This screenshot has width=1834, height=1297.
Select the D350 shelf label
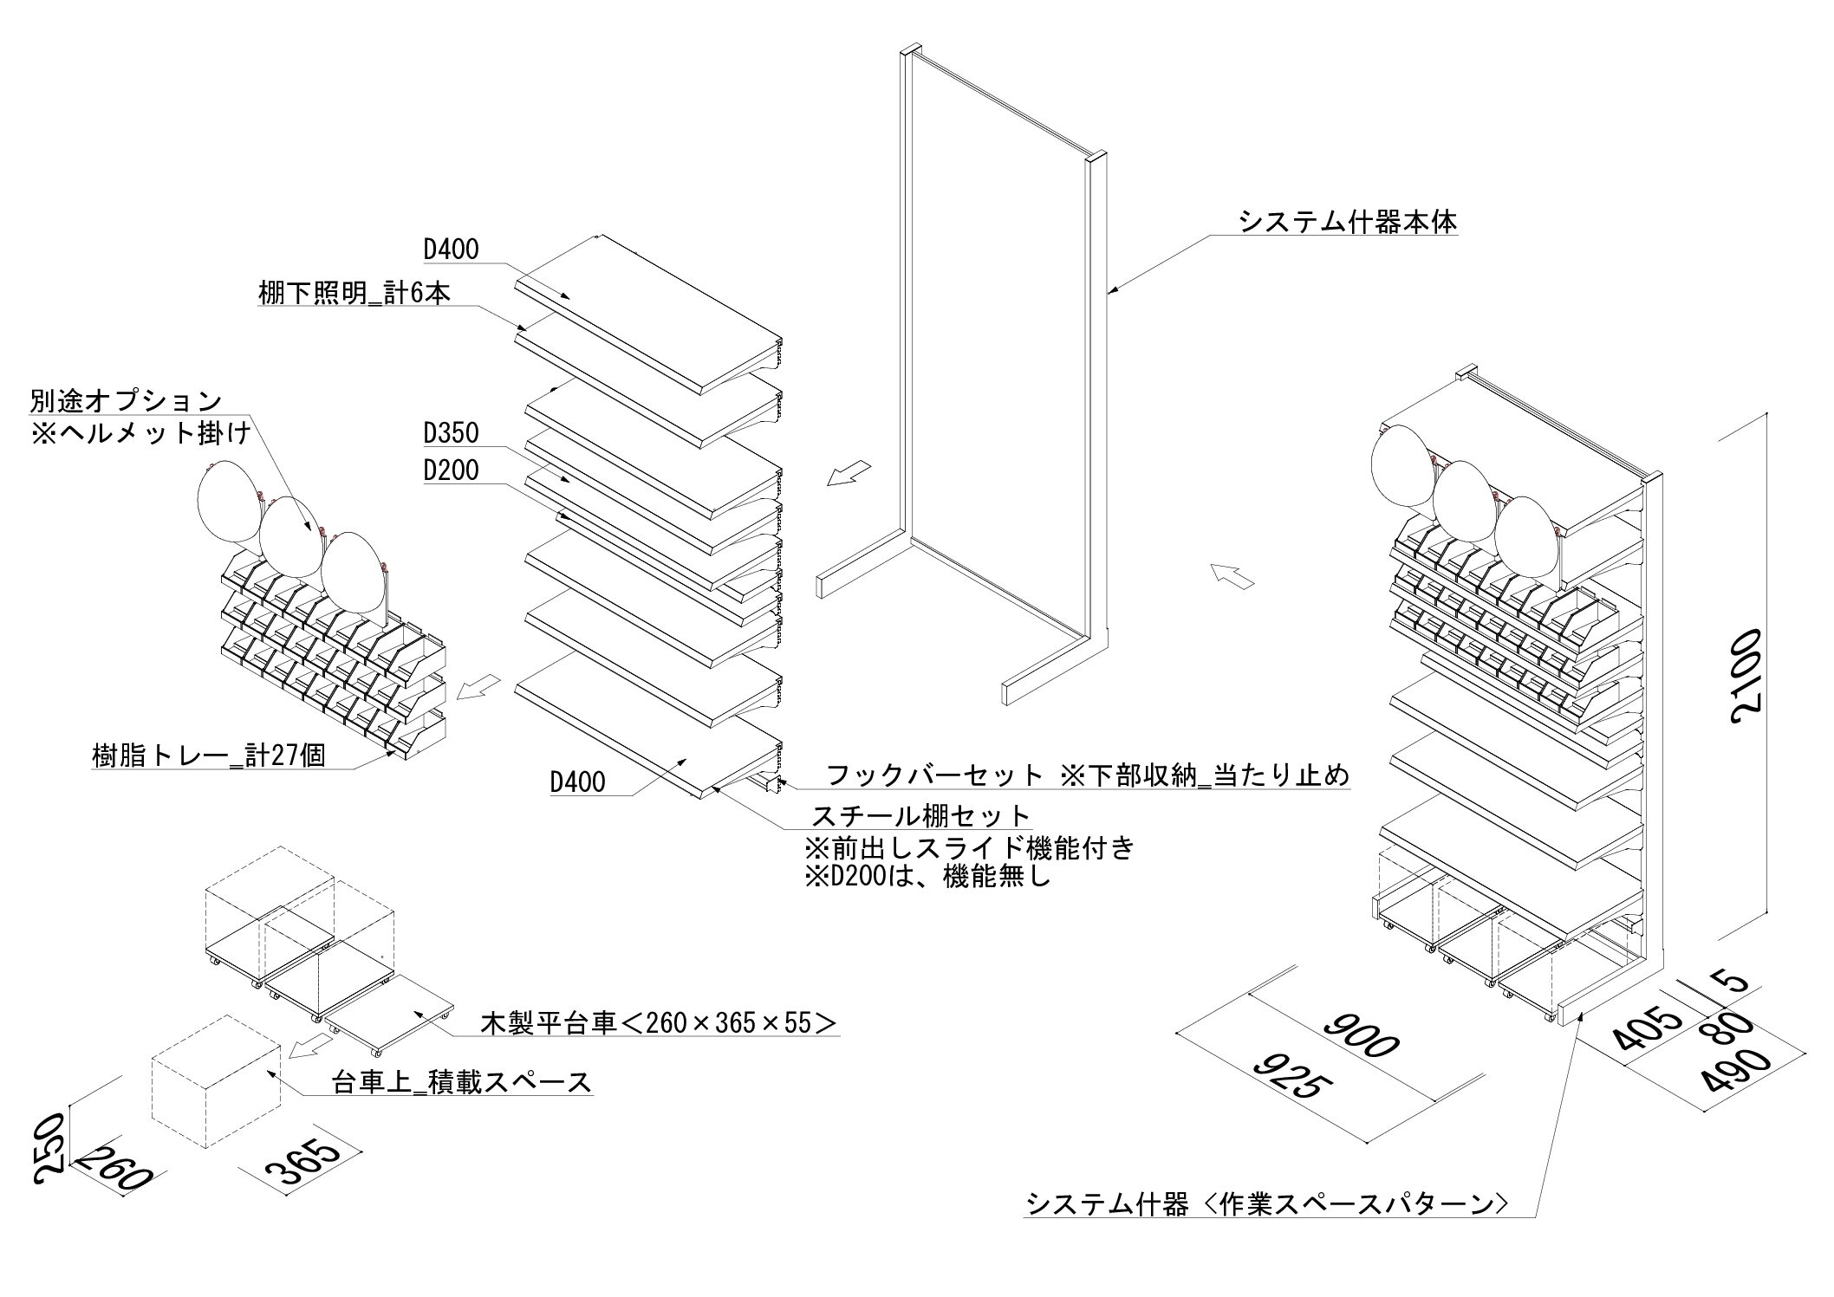tap(451, 431)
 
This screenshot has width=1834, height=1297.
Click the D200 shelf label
tap(451, 470)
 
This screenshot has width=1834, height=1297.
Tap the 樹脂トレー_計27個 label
tap(209, 756)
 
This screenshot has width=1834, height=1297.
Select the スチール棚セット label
tap(920, 816)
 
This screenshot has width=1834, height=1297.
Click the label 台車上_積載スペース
tap(462, 1082)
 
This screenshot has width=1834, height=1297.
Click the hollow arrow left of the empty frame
tap(848, 473)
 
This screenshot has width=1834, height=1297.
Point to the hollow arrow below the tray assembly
tap(478, 687)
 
